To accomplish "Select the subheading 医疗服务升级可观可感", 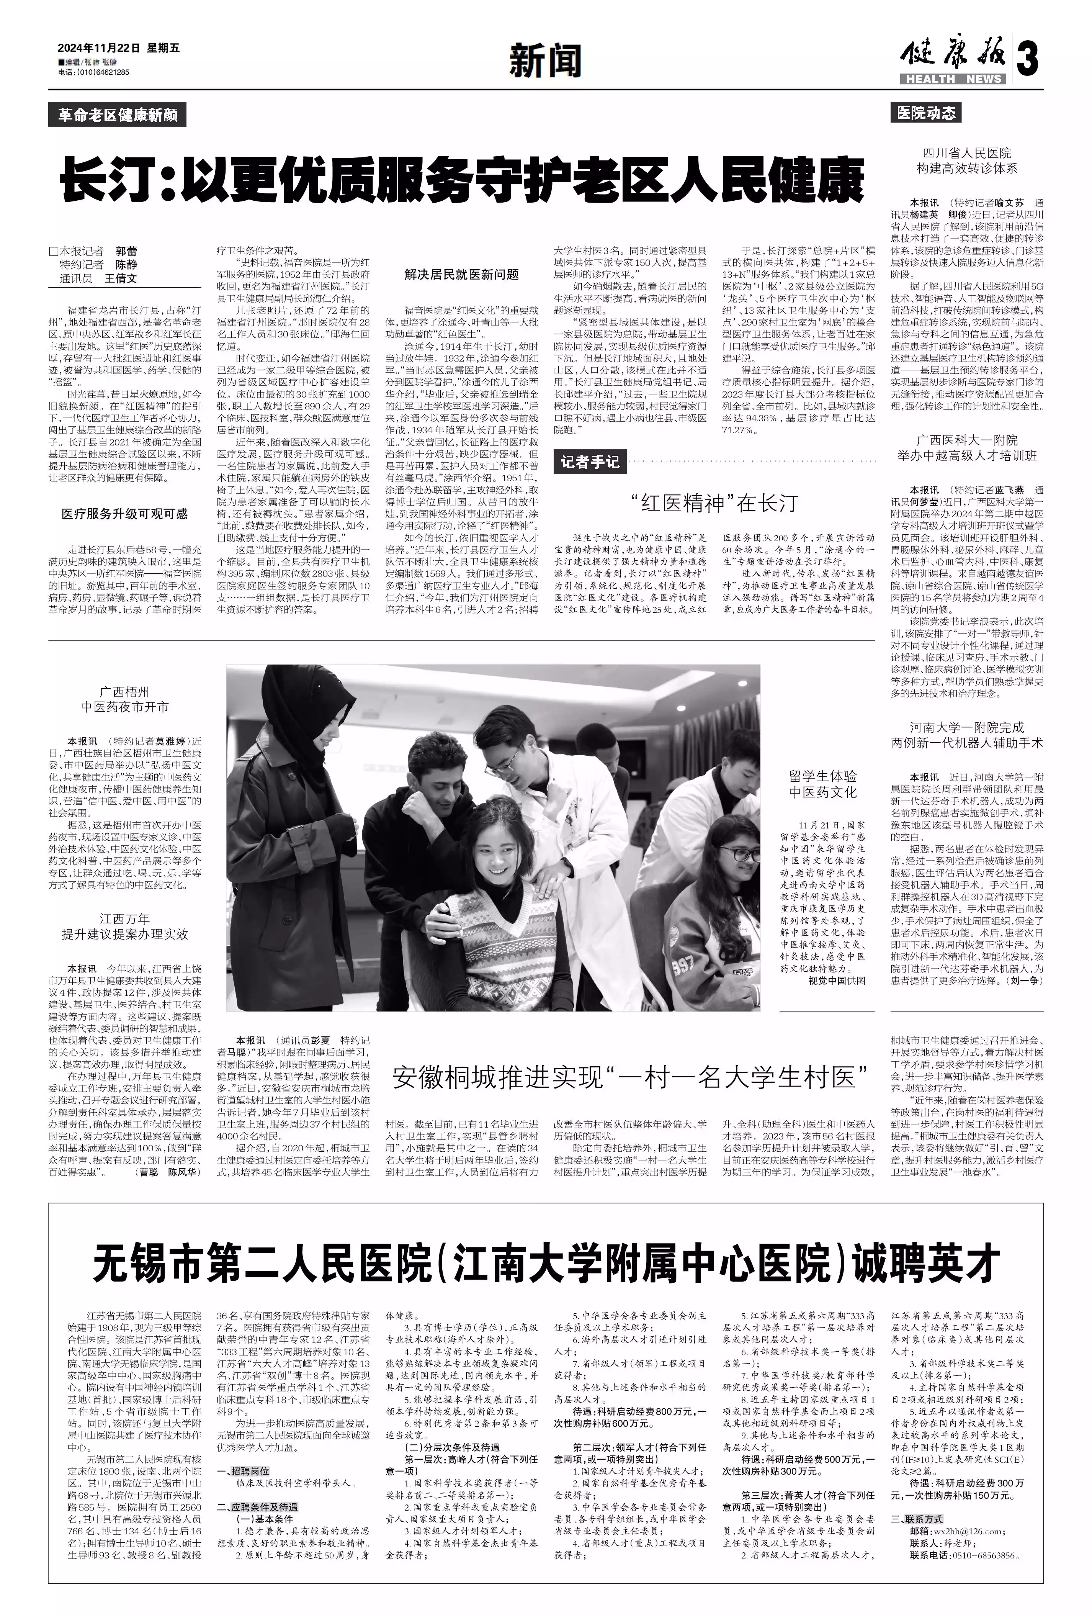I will click(x=125, y=514).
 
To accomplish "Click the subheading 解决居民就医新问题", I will click(x=462, y=274).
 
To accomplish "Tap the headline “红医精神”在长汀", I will click(x=715, y=503).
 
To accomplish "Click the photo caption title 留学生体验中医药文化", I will click(x=823, y=784).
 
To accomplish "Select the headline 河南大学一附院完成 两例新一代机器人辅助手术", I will click(x=967, y=735).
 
